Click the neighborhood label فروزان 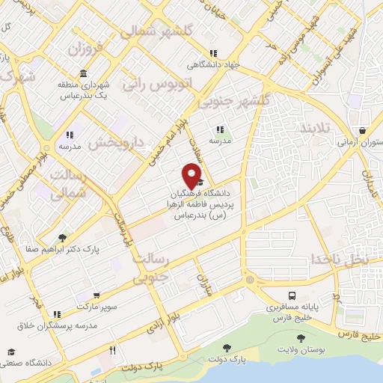pyautogui.click(x=83, y=50)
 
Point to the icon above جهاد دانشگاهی pyautogui.click(x=212, y=53)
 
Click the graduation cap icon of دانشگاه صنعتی pyautogui.click(x=11, y=352)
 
